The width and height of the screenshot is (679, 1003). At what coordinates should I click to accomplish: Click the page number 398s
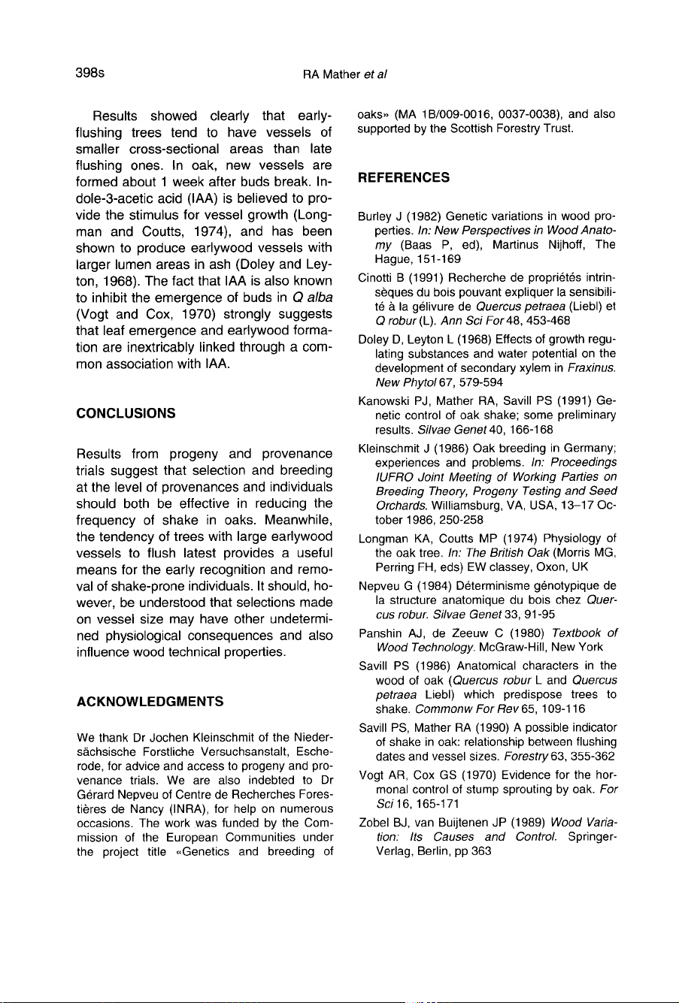coord(89,74)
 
